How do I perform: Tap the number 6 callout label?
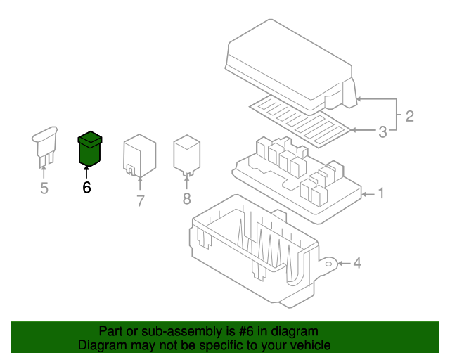[x=86, y=188]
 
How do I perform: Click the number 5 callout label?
[x=44, y=188]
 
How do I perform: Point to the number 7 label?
[x=140, y=201]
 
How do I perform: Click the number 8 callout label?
[x=186, y=199]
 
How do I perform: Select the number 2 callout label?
[x=409, y=116]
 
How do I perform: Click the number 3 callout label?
[x=382, y=131]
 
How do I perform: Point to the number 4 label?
[x=357, y=264]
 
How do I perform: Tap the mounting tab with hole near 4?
[x=327, y=265]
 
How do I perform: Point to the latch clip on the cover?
[x=349, y=93]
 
